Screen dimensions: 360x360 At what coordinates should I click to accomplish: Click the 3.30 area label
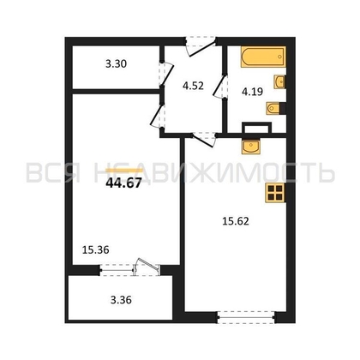point(116,63)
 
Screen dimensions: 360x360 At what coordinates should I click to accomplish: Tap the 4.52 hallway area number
point(194,86)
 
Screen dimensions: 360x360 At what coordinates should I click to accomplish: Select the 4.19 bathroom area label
point(252,92)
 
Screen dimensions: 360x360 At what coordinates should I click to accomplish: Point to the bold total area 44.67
point(123,183)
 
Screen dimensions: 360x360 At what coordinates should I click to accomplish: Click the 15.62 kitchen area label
point(236,221)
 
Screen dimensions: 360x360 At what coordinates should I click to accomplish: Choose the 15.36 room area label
point(96,250)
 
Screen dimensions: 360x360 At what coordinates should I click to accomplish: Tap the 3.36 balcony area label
point(121,300)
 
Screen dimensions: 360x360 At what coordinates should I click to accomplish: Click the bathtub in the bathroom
point(263,57)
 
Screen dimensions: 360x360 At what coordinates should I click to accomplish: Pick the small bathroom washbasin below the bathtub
point(279,82)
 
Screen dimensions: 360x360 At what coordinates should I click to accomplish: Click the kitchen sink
point(250,147)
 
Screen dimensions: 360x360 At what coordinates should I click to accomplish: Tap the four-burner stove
point(275,193)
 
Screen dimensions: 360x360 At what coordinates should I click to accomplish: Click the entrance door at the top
point(200,46)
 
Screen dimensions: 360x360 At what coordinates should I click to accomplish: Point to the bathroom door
point(221,87)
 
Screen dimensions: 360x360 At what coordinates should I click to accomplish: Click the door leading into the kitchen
point(203,139)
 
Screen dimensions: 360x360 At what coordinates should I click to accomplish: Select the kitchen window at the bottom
point(246,317)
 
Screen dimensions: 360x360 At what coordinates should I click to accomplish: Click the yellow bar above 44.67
point(124,171)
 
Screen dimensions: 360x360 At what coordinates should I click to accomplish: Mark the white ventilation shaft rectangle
point(256,128)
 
